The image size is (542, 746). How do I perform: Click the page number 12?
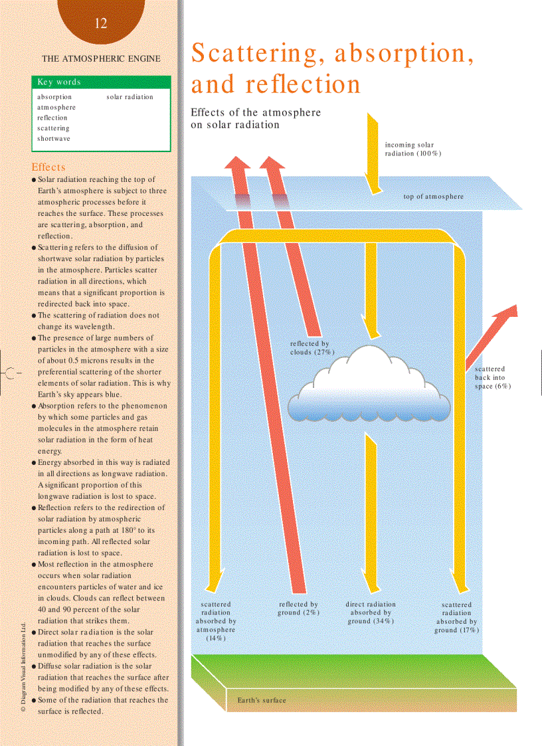point(101,24)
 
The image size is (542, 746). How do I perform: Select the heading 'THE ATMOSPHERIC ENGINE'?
point(101,58)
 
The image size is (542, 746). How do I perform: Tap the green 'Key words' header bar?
point(101,82)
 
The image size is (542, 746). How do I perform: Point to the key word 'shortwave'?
point(54,139)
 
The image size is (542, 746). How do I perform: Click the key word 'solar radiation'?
point(130,97)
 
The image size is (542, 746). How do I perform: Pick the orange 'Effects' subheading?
point(49,167)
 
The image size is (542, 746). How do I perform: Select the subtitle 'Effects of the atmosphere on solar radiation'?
point(256,118)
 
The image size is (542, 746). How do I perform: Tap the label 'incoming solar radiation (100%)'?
point(413,149)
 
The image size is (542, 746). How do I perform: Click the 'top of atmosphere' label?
point(433,197)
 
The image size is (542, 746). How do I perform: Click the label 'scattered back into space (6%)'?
point(492,377)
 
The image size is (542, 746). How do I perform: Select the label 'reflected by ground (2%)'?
point(298,608)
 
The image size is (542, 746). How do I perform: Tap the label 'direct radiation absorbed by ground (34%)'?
point(371,612)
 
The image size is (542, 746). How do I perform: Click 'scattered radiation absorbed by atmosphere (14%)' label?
point(216,621)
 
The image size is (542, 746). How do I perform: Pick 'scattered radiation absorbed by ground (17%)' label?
point(456,617)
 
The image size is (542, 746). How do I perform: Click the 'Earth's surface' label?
point(262,700)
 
